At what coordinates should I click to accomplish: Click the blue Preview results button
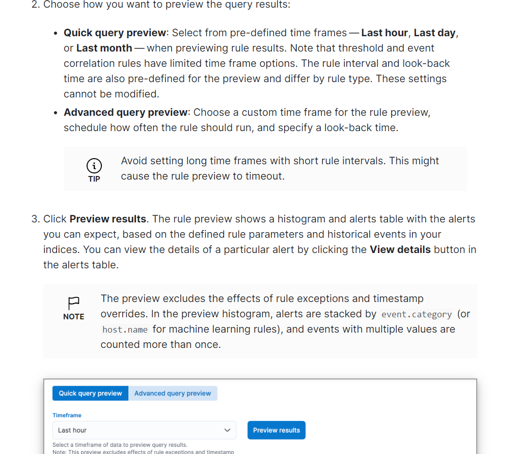(277, 430)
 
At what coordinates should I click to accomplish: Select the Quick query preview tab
(90, 393)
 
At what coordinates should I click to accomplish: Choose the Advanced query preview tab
(173, 393)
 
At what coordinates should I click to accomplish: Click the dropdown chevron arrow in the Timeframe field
(227, 430)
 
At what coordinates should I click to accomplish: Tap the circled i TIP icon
(94, 165)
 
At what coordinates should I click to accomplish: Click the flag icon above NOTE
(74, 302)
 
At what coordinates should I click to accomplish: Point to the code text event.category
(417, 314)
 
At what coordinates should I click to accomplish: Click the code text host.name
(125, 330)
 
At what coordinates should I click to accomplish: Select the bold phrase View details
(400, 249)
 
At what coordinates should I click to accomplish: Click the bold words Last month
(104, 48)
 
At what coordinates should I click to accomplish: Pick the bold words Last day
(434, 33)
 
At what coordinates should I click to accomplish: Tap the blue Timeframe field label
(67, 415)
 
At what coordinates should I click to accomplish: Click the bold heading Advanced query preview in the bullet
(126, 112)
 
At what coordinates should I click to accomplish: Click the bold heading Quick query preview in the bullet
(115, 33)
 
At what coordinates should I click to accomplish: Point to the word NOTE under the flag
(74, 317)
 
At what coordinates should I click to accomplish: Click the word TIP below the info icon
(94, 179)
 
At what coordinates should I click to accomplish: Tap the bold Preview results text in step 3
(108, 219)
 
